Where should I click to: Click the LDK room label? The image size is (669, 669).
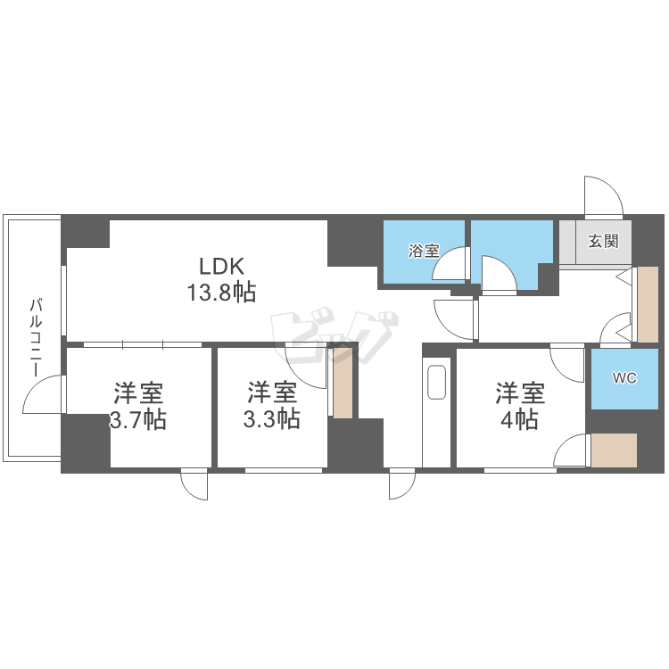click(x=222, y=266)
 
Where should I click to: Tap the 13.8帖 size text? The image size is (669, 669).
click(x=222, y=293)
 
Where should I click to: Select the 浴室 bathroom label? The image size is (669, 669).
click(x=424, y=251)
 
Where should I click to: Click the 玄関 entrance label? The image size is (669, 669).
click(x=603, y=241)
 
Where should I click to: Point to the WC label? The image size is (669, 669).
click(x=624, y=377)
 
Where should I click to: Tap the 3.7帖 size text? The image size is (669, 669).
click(x=138, y=419)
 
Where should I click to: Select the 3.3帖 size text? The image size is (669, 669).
click(x=272, y=419)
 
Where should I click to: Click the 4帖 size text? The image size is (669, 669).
click(x=520, y=420)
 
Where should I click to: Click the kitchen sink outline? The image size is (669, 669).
click(x=436, y=383)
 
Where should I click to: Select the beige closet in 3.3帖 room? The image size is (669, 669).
click(x=343, y=384)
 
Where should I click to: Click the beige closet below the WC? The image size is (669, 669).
click(x=614, y=450)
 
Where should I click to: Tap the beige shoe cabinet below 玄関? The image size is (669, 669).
click(x=648, y=305)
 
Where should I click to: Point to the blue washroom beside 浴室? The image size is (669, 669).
click(x=512, y=255)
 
